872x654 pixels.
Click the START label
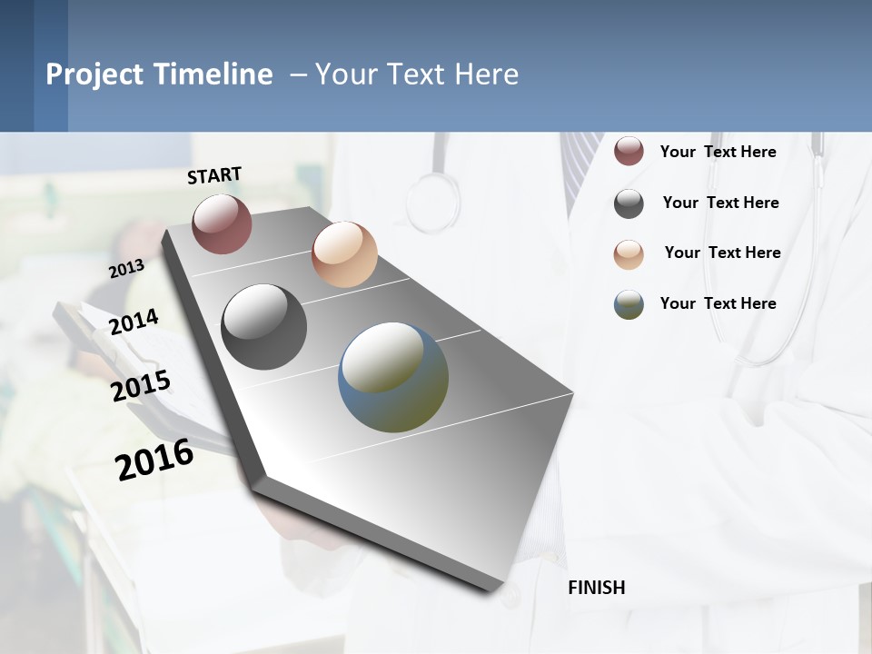pyautogui.click(x=214, y=175)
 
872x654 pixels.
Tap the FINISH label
pyautogui.click(x=596, y=588)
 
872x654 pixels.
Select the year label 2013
pyautogui.click(x=126, y=268)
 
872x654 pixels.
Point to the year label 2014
pyautogui.click(x=134, y=322)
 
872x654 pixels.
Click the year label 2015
pyautogui.click(x=141, y=386)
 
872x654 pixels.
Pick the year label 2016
pyautogui.click(x=154, y=460)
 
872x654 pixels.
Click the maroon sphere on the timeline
pyautogui.click(x=222, y=223)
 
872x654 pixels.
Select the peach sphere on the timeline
pyautogui.click(x=344, y=254)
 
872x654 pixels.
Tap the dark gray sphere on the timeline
pyautogui.click(x=263, y=327)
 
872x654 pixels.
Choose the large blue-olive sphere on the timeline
pyautogui.click(x=393, y=377)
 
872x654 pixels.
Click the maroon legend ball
pyautogui.click(x=629, y=152)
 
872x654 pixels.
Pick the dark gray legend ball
pyautogui.click(x=629, y=203)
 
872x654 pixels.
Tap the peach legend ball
pyautogui.click(x=629, y=253)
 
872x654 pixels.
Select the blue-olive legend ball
pyautogui.click(x=629, y=304)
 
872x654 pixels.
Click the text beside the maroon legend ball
pyautogui.click(x=718, y=152)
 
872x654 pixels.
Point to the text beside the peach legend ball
pyautogui.click(x=722, y=253)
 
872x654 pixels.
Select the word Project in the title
pyautogui.click(x=94, y=74)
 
